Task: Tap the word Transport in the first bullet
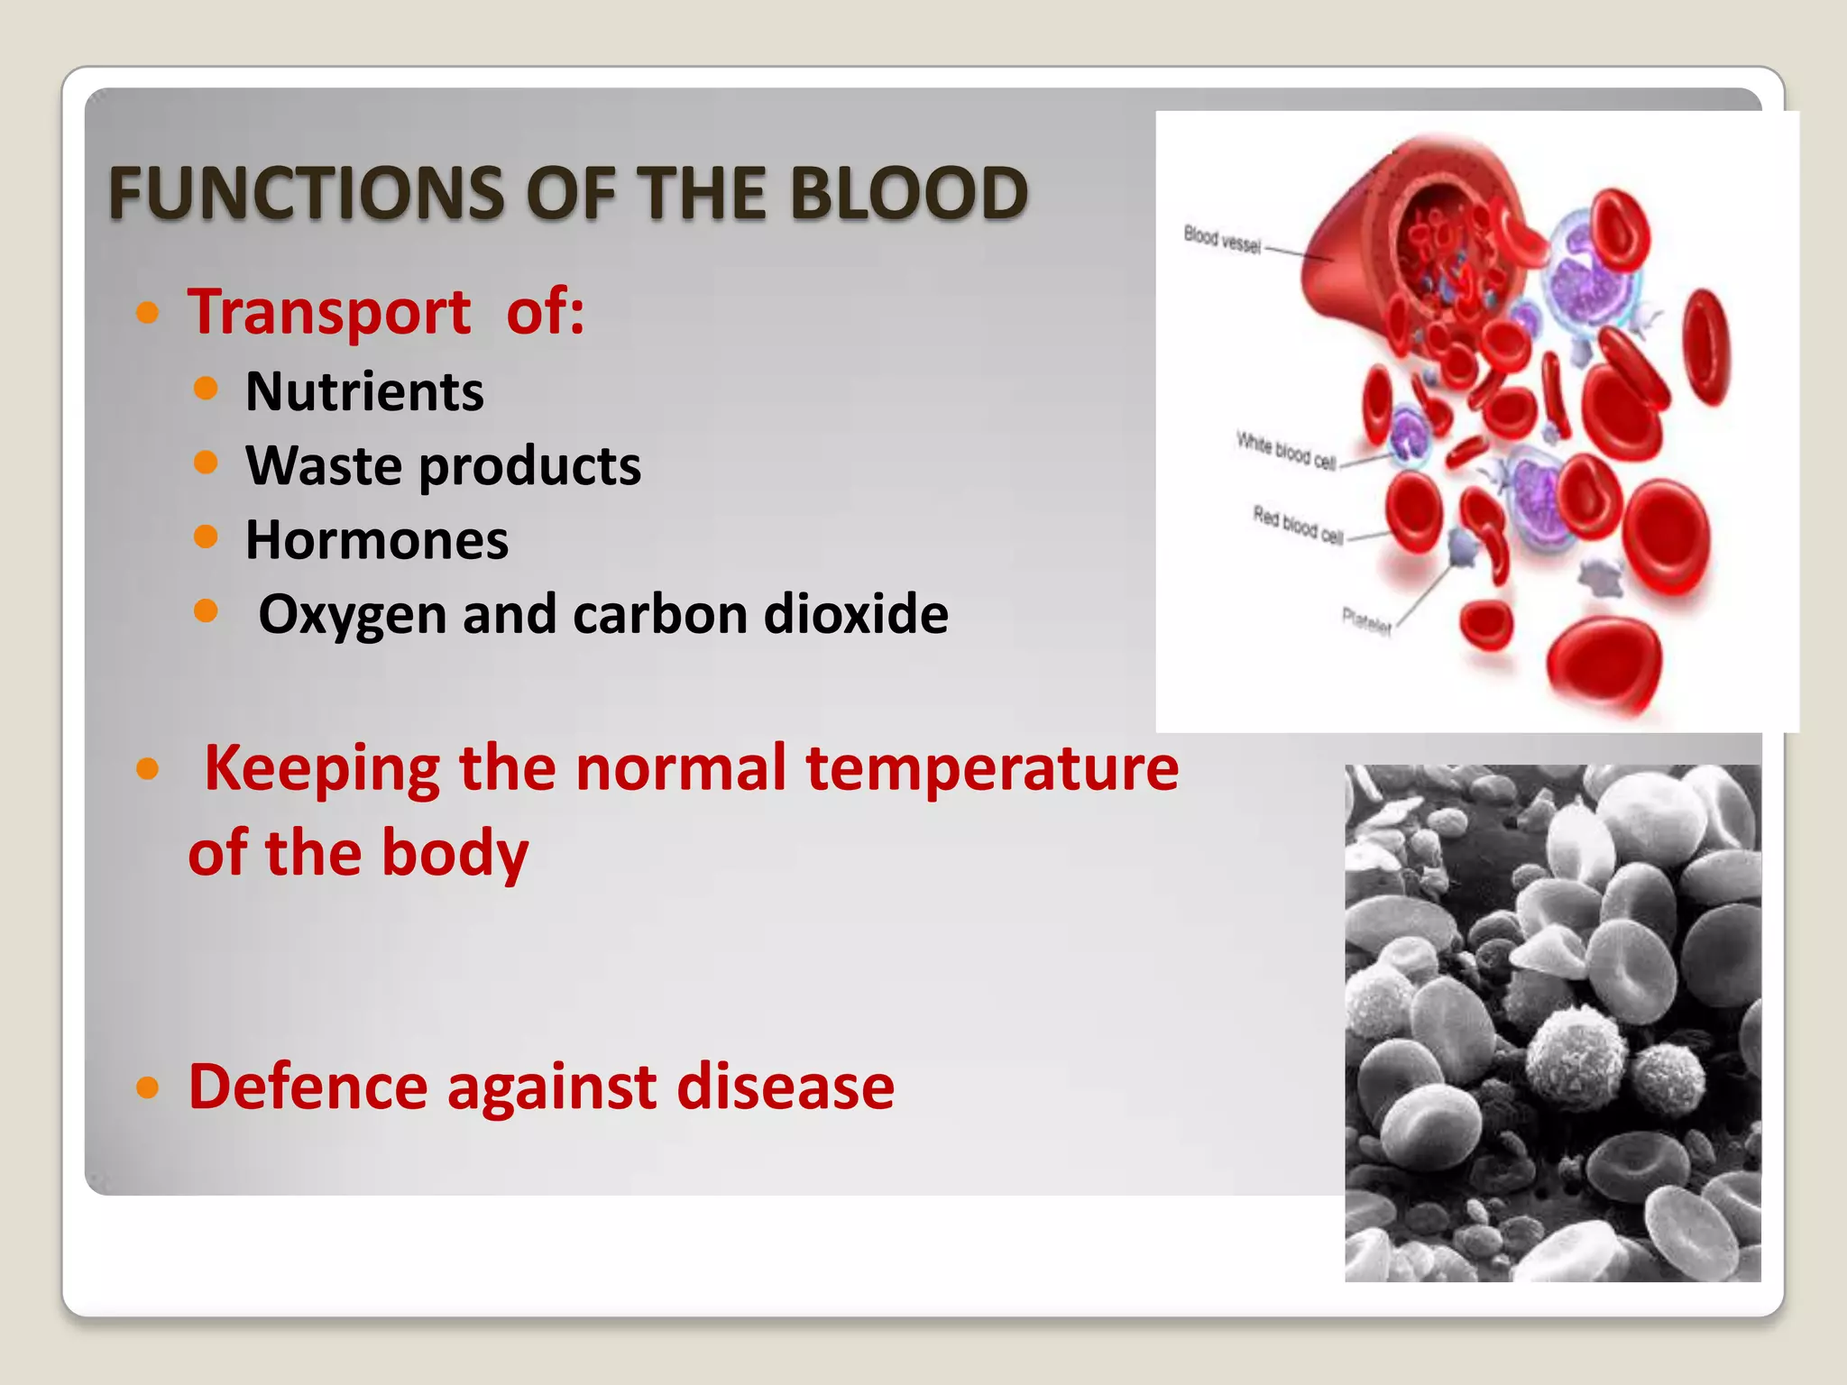coord(329,312)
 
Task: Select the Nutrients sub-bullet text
coord(364,392)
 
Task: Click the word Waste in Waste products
coord(324,466)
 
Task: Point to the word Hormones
coord(377,540)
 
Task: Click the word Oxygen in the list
coord(352,615)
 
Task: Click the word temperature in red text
coord(991,768)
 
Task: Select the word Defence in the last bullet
coord(308,1087)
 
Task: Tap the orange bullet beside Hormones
coord(206,537)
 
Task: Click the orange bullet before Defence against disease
coord(148,1088)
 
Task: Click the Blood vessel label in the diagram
coord(1222,240)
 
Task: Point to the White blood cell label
coord(1285,451)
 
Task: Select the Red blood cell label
coord(1298,525)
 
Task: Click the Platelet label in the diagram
coord(1366,620)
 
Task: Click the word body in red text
coord(455,853)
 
